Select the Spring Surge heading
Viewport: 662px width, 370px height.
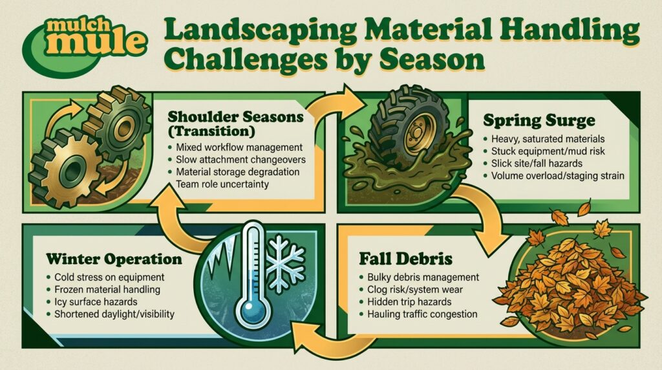539,121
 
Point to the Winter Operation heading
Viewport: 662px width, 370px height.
114,259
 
